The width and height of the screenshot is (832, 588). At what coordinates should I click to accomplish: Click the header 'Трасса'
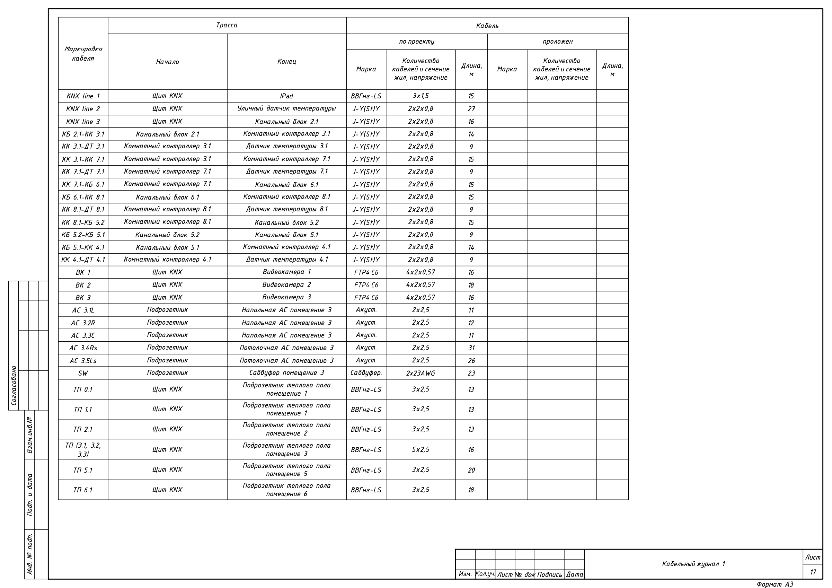227,25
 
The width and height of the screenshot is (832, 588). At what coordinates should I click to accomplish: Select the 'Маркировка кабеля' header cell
83,54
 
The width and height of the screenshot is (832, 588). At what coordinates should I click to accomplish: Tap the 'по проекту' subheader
416,42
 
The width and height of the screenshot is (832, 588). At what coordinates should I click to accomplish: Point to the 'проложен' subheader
557,42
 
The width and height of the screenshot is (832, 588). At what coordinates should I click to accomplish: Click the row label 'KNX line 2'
83,109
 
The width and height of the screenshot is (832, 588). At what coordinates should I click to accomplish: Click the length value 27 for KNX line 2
471,109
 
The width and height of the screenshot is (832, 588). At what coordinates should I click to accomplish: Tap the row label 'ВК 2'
83,285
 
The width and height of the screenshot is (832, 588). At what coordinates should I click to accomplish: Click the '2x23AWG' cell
421,373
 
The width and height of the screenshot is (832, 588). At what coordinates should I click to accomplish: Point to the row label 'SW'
83,373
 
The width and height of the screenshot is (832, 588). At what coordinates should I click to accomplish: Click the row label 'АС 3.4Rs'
83,348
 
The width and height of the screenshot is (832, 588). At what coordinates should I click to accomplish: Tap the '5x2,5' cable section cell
421,449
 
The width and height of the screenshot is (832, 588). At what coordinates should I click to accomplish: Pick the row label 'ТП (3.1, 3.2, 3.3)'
83,449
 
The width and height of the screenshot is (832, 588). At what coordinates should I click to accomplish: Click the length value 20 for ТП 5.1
471,470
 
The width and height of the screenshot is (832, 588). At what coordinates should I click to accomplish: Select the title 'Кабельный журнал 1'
693,564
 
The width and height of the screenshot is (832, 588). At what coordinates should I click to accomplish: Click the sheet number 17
813,572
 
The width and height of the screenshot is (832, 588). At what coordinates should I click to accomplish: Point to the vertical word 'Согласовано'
14,385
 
